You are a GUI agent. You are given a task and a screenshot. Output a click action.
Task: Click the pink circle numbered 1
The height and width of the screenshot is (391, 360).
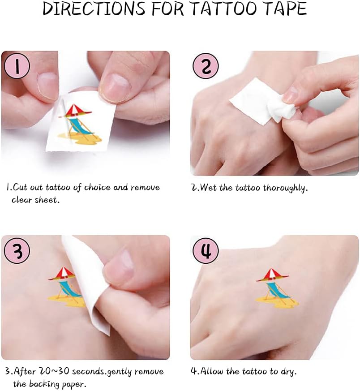click(x=17, y=66)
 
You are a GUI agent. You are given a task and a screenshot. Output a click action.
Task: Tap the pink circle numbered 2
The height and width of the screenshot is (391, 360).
click(x=206, y=66)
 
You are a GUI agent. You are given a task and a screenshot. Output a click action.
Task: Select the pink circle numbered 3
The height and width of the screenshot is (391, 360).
click(x=17, y=250)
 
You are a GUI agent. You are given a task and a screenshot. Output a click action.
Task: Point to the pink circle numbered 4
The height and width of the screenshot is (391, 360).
click(x=206, y=250)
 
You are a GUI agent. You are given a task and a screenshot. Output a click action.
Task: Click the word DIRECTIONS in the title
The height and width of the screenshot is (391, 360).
click(x=94, y=9)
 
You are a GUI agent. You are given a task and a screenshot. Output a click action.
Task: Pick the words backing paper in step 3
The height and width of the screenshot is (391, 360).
click(x=58, y=383)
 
